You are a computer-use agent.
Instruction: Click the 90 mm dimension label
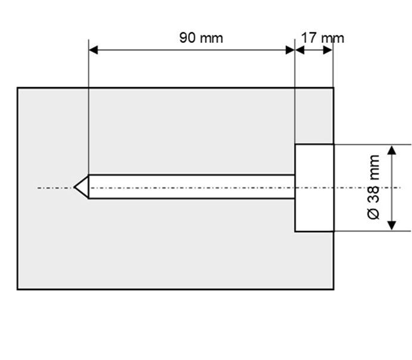201,38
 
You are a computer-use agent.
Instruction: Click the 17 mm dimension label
323,38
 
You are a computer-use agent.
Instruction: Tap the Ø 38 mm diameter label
373,187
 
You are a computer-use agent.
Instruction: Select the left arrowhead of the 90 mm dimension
93,50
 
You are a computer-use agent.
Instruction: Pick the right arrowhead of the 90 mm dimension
290,50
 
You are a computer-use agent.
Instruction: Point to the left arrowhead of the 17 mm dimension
300,50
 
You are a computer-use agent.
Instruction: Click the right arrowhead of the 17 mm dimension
327,50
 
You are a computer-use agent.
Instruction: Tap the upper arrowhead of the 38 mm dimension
392,150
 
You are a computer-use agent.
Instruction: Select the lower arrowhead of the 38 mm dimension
392,226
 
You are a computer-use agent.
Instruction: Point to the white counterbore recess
314,188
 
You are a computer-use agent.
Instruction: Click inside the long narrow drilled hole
192,186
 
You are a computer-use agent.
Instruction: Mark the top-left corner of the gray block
17,87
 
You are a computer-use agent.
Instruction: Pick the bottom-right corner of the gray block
333,289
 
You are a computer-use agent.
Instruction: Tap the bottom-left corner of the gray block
17,289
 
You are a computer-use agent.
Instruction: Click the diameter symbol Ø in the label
373,214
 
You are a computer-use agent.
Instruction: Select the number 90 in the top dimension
188,37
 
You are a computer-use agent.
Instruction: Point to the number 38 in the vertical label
373,195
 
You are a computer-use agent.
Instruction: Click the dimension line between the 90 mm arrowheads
192,50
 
